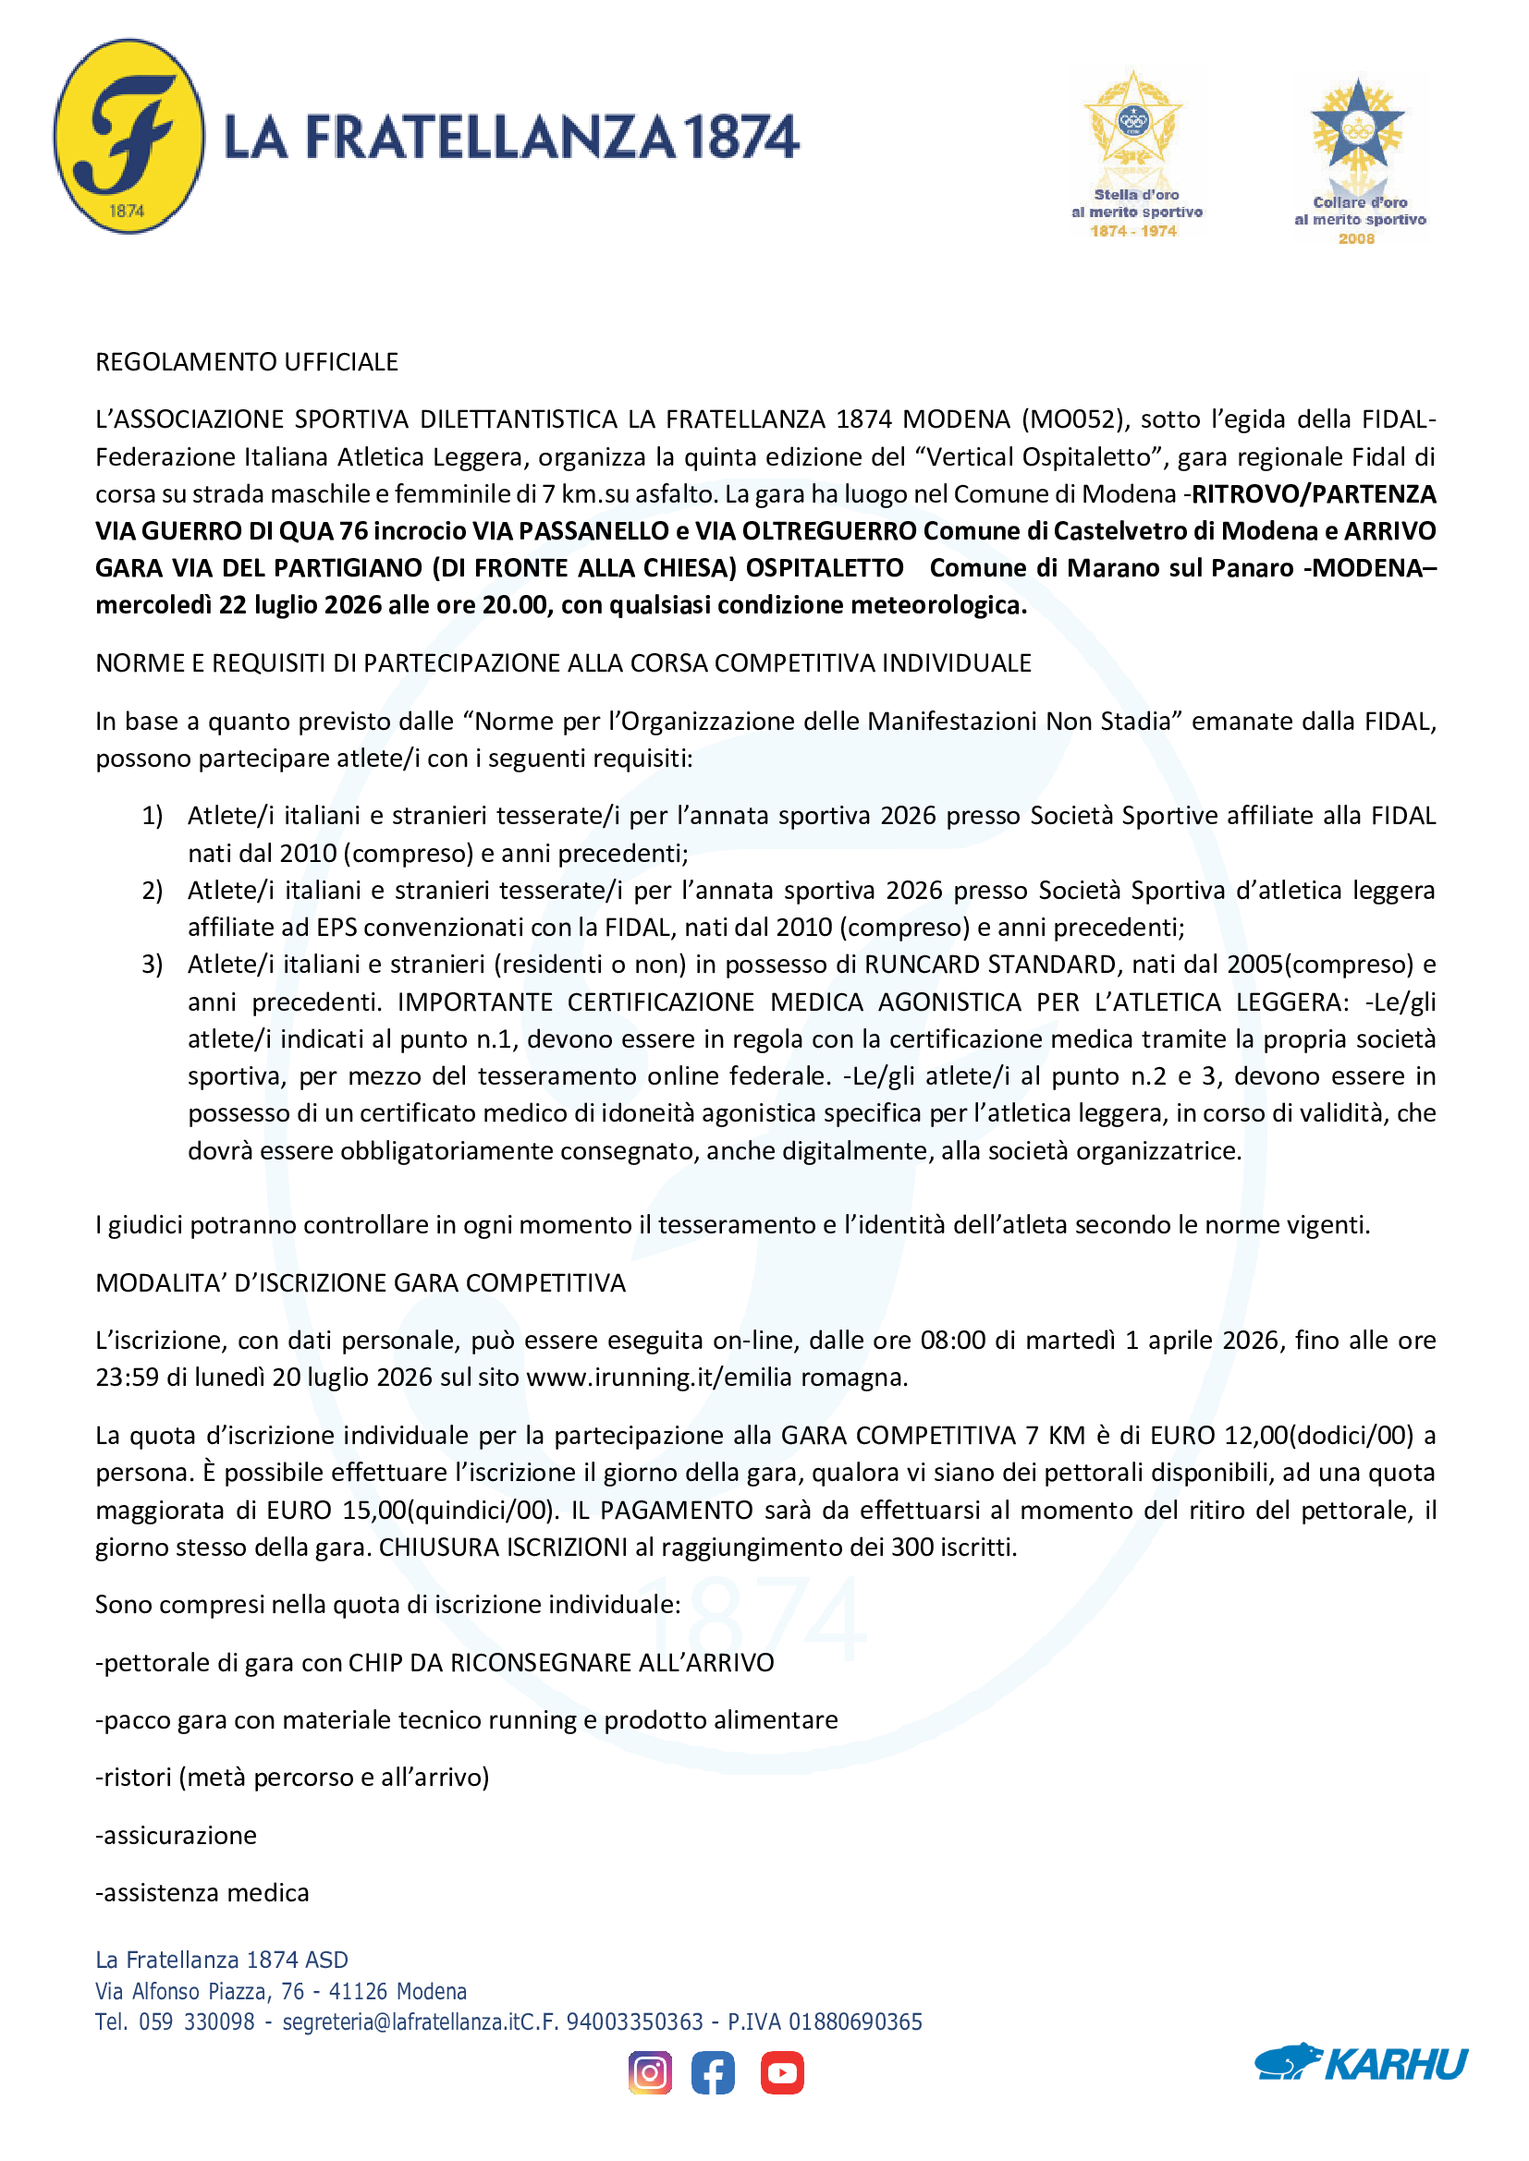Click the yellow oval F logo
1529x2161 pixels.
tap(129, 137)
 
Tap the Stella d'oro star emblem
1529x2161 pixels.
tap(1132, 122)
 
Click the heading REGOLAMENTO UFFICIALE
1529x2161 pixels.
tap(247, 362)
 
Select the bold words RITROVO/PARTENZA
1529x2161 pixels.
tap(1314, 494)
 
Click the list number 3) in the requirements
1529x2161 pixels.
tap(153, 965)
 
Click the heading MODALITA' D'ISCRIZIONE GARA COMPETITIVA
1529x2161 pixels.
tap(361, 1283)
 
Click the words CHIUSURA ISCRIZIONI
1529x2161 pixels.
tap(503, 1548)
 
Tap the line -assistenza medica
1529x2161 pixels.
tap(202, 1892)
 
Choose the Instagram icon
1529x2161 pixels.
tap(650, 2072)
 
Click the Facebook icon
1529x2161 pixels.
tap(713, 2072)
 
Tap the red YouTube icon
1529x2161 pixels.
tap(781, 2072)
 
